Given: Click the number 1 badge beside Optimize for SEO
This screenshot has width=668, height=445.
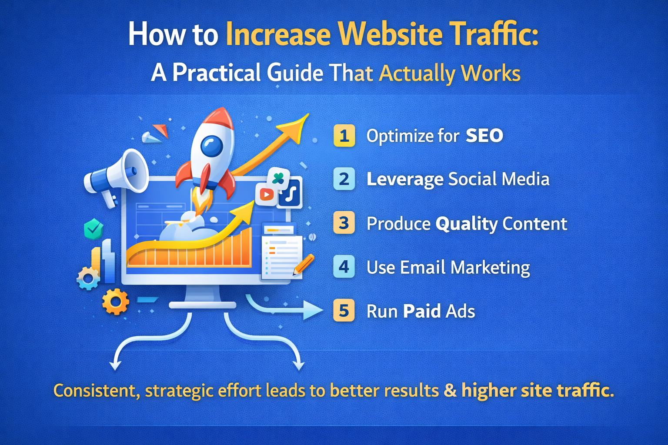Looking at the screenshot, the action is point(344,136).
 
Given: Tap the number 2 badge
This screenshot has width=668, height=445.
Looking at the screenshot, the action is point(344,179).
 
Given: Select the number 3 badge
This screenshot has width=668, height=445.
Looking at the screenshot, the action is point(344,222).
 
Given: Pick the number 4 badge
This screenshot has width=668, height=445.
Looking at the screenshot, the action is point(344,267).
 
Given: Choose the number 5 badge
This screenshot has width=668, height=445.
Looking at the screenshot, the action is point(344,311).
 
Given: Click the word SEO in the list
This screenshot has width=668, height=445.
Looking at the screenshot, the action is point(484,136).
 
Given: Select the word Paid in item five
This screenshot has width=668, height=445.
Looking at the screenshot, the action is point(422,311).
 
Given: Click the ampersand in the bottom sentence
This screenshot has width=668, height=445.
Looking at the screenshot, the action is point(450,390).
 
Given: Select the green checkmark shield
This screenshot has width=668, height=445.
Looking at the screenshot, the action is point(94,229).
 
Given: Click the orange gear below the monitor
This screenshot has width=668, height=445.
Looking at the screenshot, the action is point(115,302).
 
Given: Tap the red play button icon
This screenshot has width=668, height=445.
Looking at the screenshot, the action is point(266,195).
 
